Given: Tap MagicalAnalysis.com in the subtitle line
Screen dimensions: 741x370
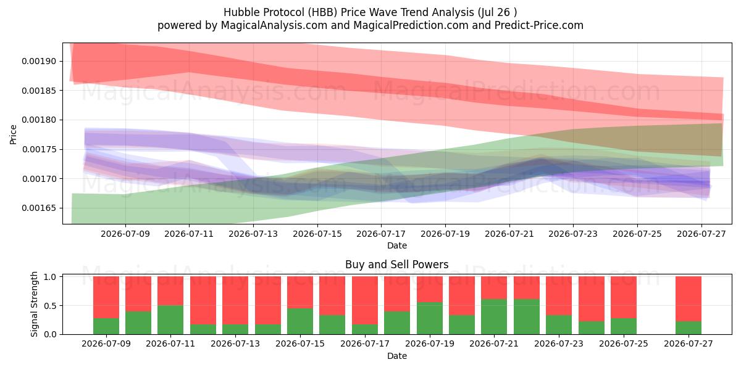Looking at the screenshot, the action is pyautogui.click(x=274, y=25).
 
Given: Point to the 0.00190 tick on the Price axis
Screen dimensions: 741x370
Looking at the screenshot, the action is pyautogui.click(x=39, y=61).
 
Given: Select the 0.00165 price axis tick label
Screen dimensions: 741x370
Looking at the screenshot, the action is pyautogui.click(x=39, y=208).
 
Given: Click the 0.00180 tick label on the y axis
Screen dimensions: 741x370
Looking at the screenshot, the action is pyautogui.click(x=39, y=120).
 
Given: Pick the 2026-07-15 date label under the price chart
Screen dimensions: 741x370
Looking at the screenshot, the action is pyautogui.click(x=317, y=234).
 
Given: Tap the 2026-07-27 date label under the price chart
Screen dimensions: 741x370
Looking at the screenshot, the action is pyautogui.click(x=701, y=234).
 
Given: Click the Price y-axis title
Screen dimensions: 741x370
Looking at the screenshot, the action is pyautogui.click(x=13, y=134).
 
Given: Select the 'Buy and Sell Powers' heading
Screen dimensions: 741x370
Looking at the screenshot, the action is pyautogui.click(x=397, y=265).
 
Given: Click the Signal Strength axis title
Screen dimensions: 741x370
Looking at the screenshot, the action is pyautogui.click(x=34, y=304).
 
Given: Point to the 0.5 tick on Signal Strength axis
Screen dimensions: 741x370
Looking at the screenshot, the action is pyautogui.click(x=50, y=306).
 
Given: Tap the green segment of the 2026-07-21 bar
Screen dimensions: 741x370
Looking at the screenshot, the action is pyautogui.click(x=494, y=317).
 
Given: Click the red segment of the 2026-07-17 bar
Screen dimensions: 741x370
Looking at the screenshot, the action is pyautogui.click(x=365, y=300).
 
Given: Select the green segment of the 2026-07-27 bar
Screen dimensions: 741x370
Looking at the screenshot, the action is pyautogui.click(x=689, y=327).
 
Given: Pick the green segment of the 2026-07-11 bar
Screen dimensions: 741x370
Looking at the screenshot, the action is pyautogui.click(x=170, y=320).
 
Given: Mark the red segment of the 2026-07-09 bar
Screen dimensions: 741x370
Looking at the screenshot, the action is pyautogui.click(x=106, y=297).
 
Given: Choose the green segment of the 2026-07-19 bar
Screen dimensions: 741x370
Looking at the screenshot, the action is pyautogui.click(x=430, y=318).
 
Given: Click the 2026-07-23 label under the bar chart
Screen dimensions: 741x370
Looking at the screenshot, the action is pyautogui.click(x=559, y=343).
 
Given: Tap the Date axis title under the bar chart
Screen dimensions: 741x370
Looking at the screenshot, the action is pyautogui.click(x=397, y=356).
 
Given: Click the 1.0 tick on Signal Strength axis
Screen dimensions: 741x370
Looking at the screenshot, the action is pyautogui.click(x=50, y=276).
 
